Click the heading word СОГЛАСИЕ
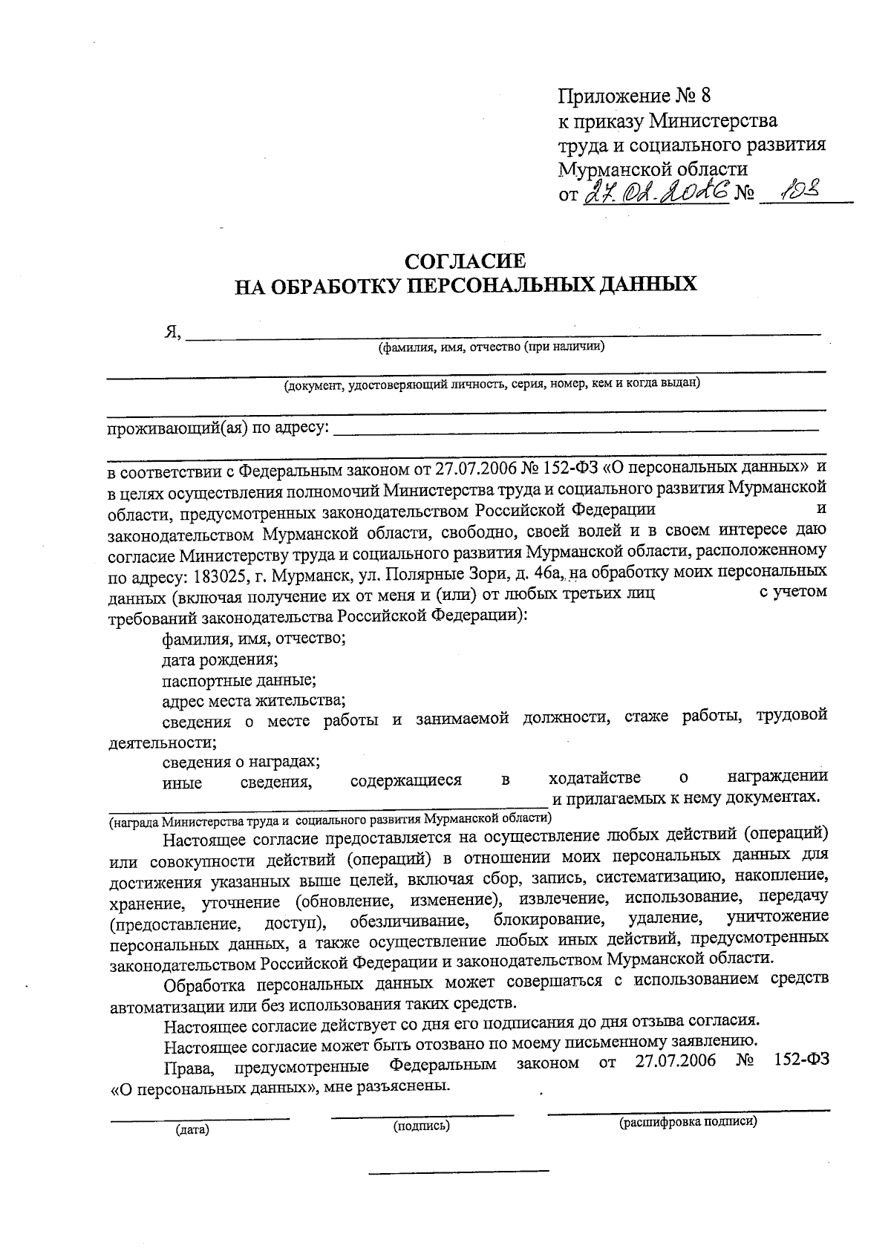tap(465, 261)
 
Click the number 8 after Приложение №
tap(705, 96)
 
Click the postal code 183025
tap(218, 575)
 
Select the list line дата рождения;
tap(221, 659)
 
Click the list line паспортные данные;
tap(240, 679)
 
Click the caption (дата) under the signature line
tap(192, 1130)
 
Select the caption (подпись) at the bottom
tap(422, 1126)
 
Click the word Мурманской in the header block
tap(616, 169)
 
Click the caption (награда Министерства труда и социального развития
tap(330, 819)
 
